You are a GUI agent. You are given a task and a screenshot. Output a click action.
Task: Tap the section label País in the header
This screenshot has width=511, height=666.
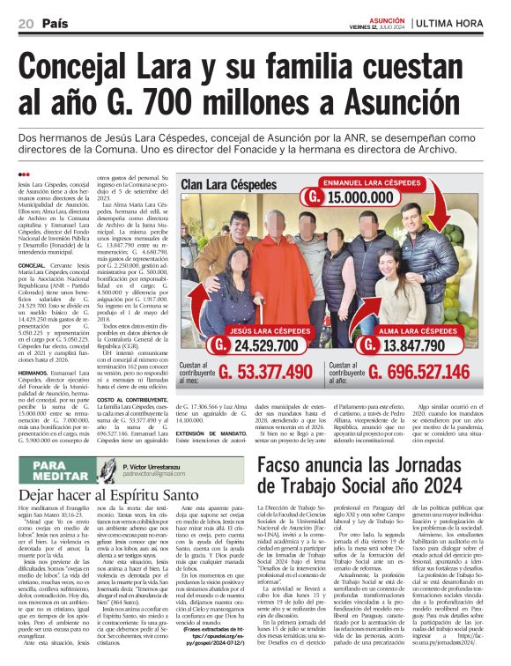tap(56, 22)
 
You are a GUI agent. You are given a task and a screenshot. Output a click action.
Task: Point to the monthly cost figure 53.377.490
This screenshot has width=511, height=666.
tap(269, 373)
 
